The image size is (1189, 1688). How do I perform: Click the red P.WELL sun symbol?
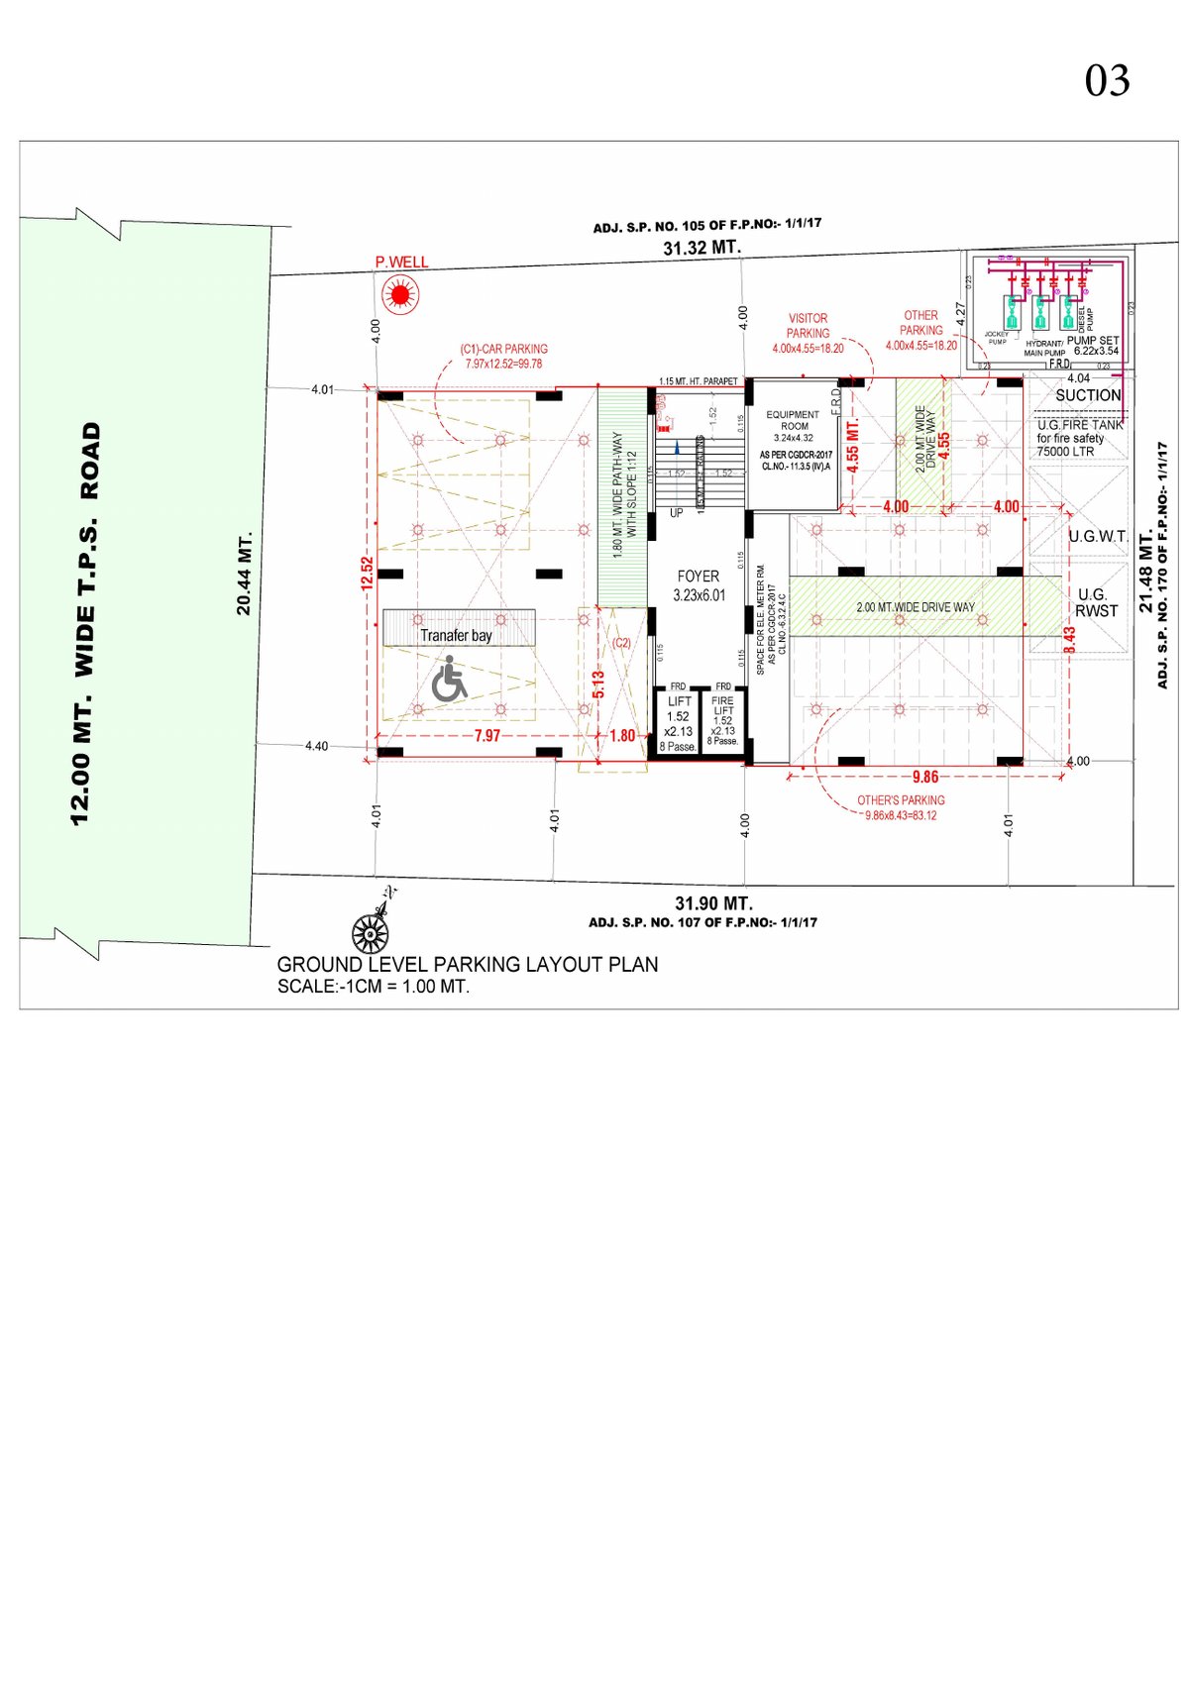[400, 294]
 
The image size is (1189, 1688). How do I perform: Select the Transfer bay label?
[456, 635]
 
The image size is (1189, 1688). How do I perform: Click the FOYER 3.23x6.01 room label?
[699, 585]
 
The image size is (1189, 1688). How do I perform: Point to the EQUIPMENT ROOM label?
[793, 420]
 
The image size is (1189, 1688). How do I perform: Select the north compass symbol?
[374, 925]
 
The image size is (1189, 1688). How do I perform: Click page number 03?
[1107, 81]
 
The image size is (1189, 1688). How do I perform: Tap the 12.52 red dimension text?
[368, 574]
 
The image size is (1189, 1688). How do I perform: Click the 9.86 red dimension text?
[924, 777]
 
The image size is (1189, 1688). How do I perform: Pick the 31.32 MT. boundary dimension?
[702, 248]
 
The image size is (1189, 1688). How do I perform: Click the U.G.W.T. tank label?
[1098, 537]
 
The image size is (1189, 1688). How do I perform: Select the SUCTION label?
[1088, 395]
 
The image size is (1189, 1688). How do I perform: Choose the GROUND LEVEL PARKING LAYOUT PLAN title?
[467, 964]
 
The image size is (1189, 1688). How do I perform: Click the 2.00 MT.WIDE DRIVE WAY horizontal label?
[916, 607]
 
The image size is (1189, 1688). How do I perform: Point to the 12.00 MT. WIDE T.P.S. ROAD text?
[86, 623]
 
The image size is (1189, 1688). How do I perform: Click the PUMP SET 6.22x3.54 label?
[1094, 345]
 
